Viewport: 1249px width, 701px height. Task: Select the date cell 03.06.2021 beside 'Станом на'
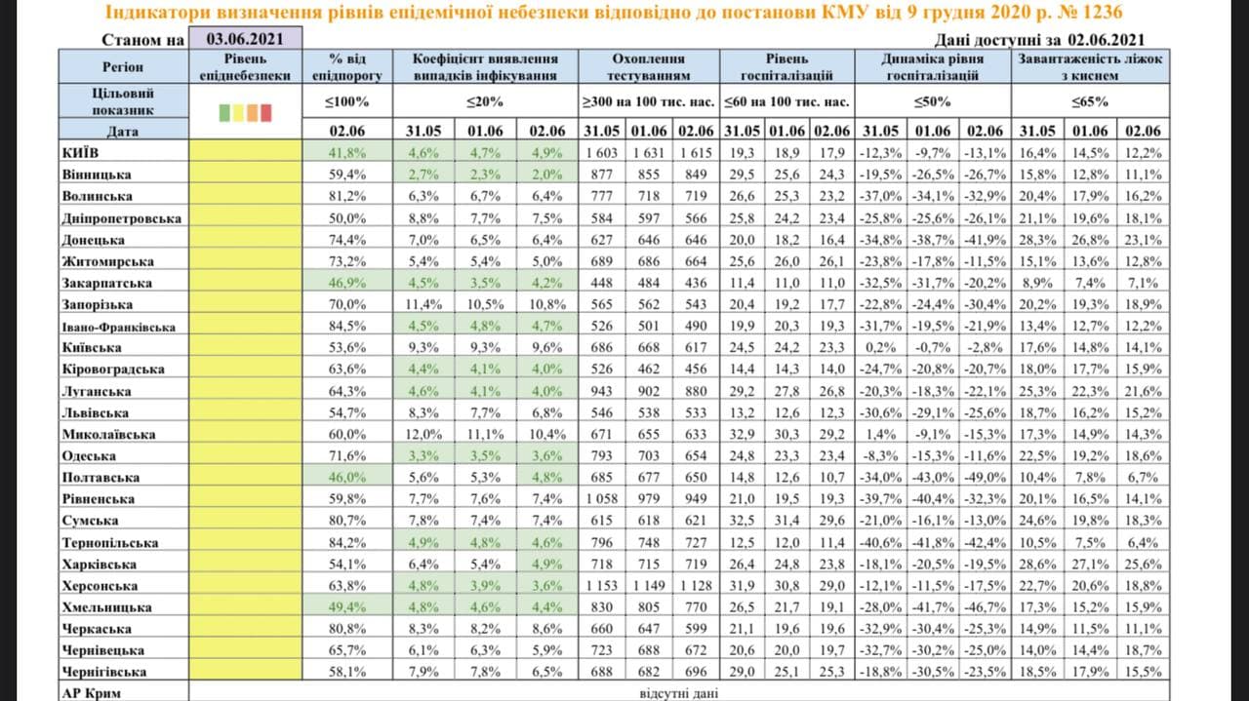click(246, 39)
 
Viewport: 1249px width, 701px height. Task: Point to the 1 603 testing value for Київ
click(601, 153)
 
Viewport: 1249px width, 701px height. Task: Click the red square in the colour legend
click(266, 113)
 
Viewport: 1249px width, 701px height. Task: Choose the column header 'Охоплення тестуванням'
click(647, 66)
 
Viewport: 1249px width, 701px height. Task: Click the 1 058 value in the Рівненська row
click(601, 499)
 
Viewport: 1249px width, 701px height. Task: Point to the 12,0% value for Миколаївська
click(423, 435)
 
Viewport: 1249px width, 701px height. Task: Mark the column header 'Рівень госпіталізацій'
click(786, 66)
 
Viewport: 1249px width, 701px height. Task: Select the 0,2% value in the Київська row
click(880, 348)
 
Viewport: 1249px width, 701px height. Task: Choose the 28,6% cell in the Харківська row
click(1037, 565)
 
